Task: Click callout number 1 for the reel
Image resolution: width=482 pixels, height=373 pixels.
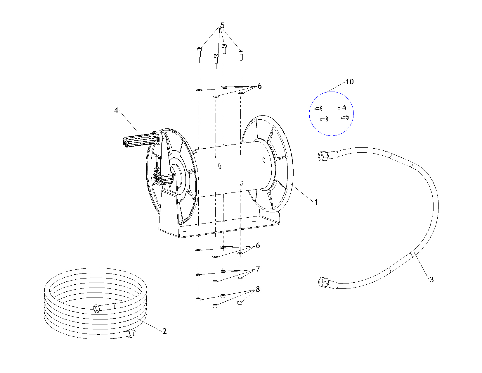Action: click(x=316, y=202)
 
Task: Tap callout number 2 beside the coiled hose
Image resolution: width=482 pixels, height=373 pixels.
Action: click(x=164, y=331)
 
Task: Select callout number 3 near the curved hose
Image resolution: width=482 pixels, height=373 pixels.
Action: click(x=432, y=279)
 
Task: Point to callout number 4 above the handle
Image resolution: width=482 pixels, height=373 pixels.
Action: click(x=116, y=110)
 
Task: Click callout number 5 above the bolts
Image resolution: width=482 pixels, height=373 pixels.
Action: click(x=223, y=25)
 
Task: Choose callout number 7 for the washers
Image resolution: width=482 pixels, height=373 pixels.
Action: click(x=258, y=269)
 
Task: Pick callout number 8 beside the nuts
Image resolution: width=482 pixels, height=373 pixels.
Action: click(x=258, y=289)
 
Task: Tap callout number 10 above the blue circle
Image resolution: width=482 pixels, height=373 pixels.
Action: click(x=350, y=82)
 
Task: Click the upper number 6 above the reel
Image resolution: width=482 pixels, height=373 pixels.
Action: click(x=259, y=86)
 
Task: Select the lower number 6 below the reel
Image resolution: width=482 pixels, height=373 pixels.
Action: click(x=258, y=245)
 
